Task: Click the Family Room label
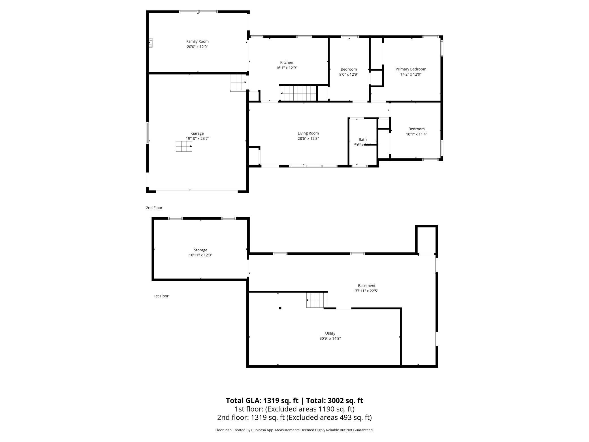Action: (x=197, y=41)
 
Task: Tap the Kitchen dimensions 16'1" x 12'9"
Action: (x=287, y=68)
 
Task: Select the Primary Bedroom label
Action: (x=411, y=69)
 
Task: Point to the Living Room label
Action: (x=308, y=133)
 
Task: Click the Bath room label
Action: (x=362, y=139)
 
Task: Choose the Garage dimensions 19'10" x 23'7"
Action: (x=197, y=139)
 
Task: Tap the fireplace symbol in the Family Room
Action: (x=151, y=42)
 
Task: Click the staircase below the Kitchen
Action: (x=298, y=93)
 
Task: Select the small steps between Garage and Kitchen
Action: (x=238, y=82)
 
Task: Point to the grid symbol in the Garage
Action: (x=184, y=146)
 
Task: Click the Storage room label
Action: (x=200, y=250)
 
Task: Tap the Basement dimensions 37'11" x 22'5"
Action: (x=366, y=291)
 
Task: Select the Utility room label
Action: (x=330, y=333)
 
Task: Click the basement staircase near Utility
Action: (x=317, y=300)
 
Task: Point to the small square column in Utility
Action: (x=280, y=308)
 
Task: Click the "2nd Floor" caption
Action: (x=154, y=208)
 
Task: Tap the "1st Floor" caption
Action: (x=161, y=296)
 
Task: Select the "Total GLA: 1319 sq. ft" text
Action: (x=262, y=400)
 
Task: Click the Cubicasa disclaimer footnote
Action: (x=294, y=430)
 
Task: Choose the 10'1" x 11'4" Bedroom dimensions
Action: (x=416, y=134)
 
